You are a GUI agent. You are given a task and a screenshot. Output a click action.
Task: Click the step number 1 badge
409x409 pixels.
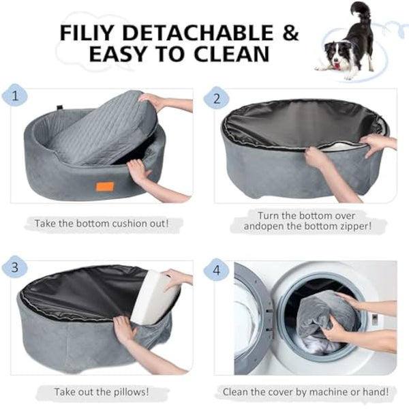(15, 95)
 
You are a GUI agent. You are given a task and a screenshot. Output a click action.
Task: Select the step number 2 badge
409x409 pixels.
(217, 100)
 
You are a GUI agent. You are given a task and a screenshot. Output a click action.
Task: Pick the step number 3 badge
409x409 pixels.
(15, 265)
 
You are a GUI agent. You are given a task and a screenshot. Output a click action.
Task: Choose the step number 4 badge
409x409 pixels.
(217, 270)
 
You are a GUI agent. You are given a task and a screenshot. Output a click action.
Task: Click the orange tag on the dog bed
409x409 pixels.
(104, 186)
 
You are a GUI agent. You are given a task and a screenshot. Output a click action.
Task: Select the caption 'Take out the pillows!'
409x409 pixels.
(102, 392)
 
